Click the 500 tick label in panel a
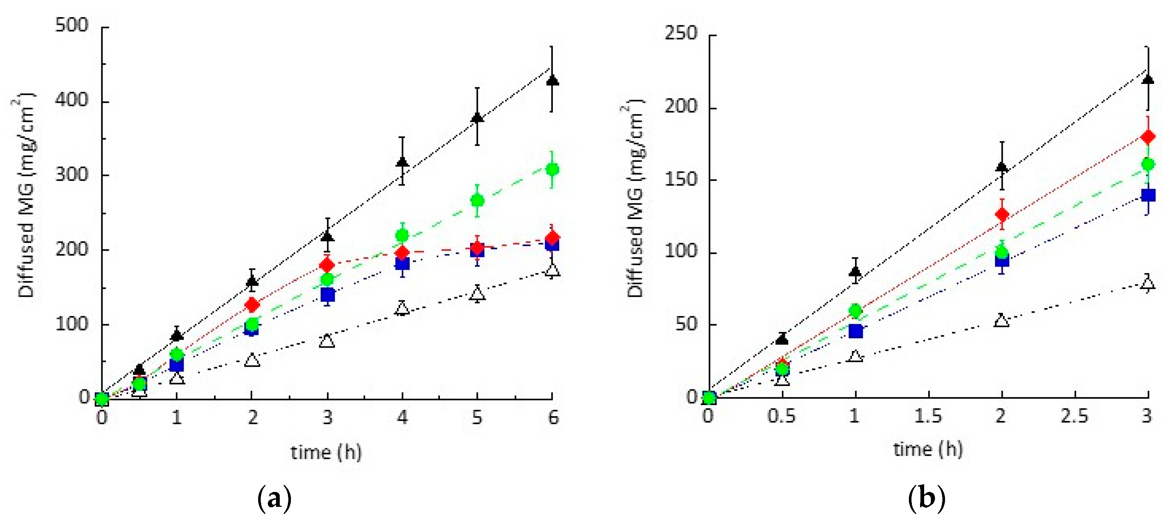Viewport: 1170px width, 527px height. (x=71, y=25)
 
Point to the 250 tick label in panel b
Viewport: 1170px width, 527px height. (x=681, y=33)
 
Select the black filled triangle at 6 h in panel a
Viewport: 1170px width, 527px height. (x=552, y=81)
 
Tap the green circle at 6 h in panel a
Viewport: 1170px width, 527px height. (x=552, y=170)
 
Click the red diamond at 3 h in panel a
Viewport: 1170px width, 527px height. (x=327, y=265)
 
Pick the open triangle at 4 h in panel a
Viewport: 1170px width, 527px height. (x=402, y=309)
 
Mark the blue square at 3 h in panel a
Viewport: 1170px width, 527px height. (x=327, y=295)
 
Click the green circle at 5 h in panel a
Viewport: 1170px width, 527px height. (x=477, y=201)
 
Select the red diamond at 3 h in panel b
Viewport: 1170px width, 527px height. (x=1148, y=137)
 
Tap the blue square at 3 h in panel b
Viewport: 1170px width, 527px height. (x=1148, y=195)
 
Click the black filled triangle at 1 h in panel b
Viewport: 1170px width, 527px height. (x=855, y=272)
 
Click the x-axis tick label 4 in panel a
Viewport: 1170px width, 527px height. (x=402, y=417)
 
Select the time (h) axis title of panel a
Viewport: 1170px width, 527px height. (x=326, y=452)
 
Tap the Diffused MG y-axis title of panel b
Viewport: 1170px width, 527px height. (x=635, y=200)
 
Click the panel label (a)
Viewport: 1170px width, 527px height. (x=274, y=499)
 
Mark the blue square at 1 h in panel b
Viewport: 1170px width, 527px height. (x=856, y=331)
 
